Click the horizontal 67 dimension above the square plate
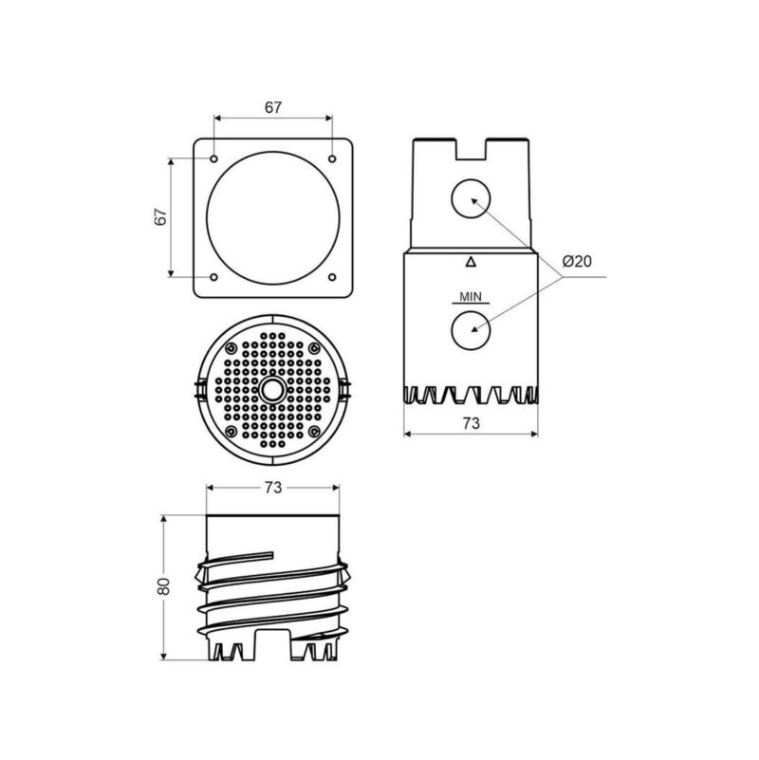[273, 107]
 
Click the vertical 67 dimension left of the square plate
[160, 216]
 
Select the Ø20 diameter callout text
[577, 261]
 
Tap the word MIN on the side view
[471, 296]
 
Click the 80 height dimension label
[163, 586]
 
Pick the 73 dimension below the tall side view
[472, 423]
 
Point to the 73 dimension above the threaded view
[273, 488]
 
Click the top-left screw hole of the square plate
[213, 159]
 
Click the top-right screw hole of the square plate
[332, 159]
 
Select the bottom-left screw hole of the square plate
[213, 277]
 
